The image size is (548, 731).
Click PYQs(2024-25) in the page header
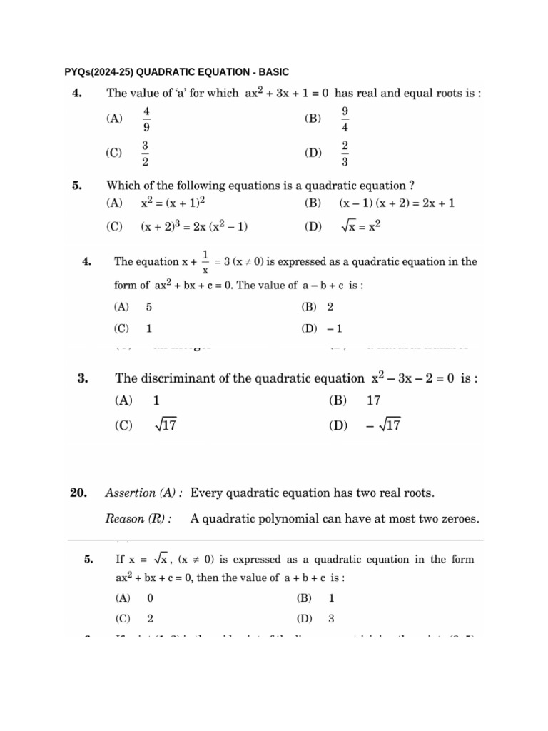98,71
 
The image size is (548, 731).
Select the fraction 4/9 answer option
146,119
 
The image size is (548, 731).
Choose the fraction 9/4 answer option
345,119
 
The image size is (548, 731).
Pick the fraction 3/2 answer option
146,153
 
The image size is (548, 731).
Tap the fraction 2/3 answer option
345,153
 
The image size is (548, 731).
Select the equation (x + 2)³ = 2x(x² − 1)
194,227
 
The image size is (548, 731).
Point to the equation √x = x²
361,227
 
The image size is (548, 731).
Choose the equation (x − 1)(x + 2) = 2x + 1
397,203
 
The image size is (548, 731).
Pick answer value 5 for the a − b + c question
148,307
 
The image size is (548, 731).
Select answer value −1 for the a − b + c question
335,328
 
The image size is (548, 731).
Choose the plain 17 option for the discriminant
373,401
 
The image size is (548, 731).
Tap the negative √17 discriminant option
385,425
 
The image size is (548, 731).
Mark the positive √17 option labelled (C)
166,425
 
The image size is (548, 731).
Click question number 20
78,493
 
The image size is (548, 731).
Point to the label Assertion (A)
143,493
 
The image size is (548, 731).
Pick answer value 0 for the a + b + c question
150,598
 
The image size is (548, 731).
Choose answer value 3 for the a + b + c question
331,619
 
